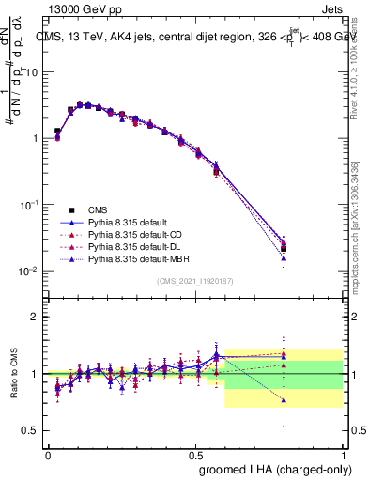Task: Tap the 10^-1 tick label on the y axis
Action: [30, 205]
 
